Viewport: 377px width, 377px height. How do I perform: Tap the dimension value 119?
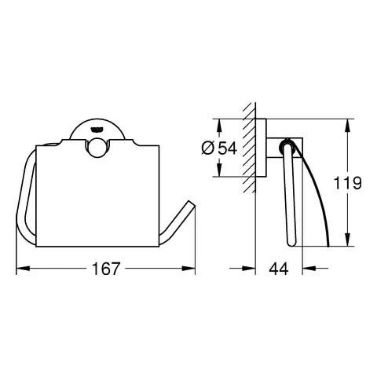(346, 184)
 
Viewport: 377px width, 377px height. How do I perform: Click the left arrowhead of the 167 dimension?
(20, 269)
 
